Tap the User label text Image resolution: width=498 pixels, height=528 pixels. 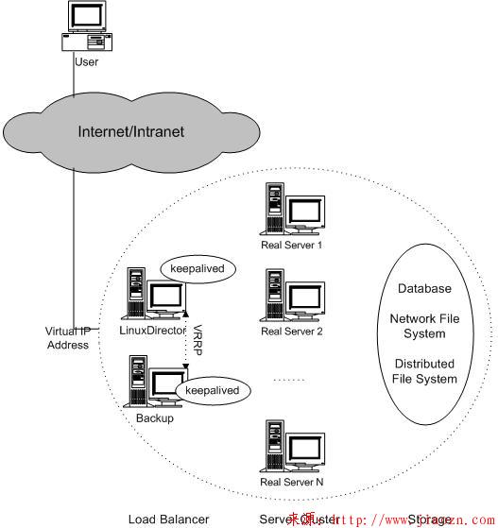pyautogui.click(x=86, y=62)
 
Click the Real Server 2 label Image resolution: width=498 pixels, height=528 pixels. pyautogui.click(x=292, y=331)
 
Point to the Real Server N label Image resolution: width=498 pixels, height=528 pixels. pyautogui.click(x=292, y=482)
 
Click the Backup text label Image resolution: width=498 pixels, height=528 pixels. pyautogui.click(x=154, y=417)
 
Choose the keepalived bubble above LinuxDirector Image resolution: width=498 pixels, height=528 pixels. pyautogui.click(x=197, y=269)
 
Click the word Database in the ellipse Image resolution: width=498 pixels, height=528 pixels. pyautogui.click(x=424, y=288)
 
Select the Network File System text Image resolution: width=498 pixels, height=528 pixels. pyautogui.click(x=424, y=326)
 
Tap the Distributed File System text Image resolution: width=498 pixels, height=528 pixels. pyautogui.click(x=424, y=371)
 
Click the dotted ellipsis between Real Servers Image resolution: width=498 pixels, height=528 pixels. pyautogui.click(x=287, y=380)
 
